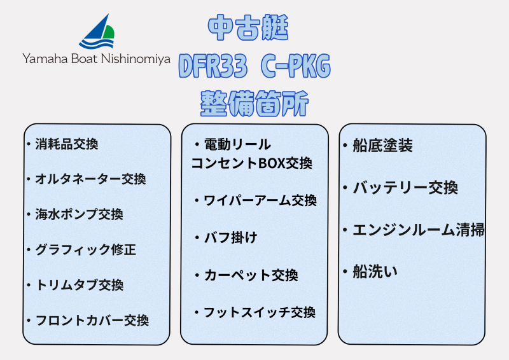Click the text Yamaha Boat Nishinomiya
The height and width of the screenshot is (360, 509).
(97, 59)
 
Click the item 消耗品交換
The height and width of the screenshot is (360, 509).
(66, 144)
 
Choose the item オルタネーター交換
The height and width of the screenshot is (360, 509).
(90, 179)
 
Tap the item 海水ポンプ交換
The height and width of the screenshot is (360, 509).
(79, 214)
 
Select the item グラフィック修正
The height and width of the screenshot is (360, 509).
(85, 249)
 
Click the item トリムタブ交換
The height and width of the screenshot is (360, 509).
(79, 285)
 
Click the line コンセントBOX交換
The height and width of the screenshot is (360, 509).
(252, 163)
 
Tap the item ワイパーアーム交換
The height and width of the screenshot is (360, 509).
(259, 200)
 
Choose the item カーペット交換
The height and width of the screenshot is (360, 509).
(250, 275)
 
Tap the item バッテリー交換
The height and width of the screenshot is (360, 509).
(405, 188)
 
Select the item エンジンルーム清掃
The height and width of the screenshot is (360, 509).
(418, 230)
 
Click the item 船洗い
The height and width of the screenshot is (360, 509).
(375, 272)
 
